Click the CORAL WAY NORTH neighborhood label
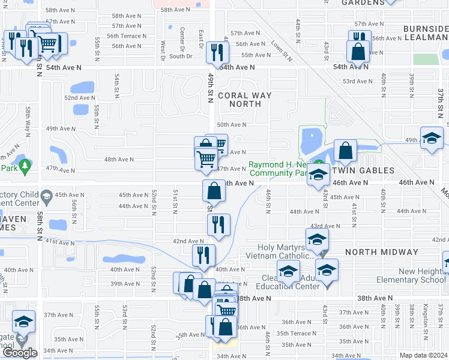pyautogui.click(x=244, y=100)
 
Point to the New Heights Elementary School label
pyautogui.click(x=411, y=276)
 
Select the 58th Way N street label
pyautogui.click(x=28, y=120)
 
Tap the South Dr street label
pyautogui.click(x=180, y=56)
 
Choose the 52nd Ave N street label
pyautogui.click(x=79, y=98)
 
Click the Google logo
pyautogui.click(x=20, y=352)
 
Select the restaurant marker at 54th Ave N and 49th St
pyautogui.click(x=215, y=52)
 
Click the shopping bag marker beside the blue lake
pyautogui.click(x=345, y=151)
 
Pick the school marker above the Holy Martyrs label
pyautogui.click(x=316, y=239)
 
